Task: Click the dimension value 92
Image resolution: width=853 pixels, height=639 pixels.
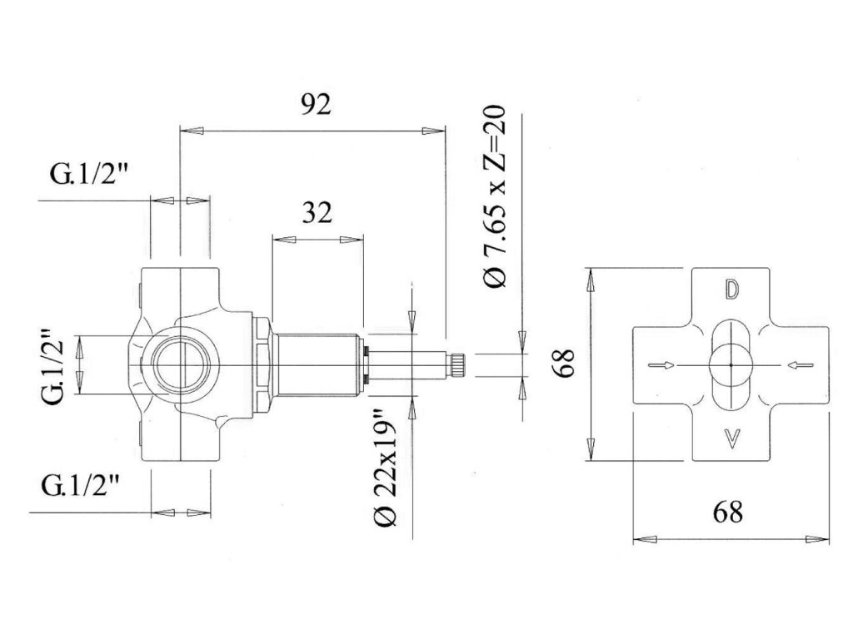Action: pos(315,105)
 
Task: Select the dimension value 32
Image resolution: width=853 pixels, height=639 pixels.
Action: pos(317,213)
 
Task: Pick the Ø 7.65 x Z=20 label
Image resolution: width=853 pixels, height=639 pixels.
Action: pos(496,197)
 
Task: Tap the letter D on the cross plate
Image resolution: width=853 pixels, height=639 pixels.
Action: pos(731,290)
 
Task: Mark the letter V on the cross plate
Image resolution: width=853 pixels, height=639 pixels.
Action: pos(731,438)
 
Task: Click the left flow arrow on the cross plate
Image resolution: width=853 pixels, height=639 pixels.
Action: pos(660,364)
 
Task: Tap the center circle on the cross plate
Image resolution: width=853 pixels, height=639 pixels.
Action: pos(731,365)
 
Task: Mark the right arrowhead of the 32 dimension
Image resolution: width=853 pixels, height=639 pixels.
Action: pos(353,239)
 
